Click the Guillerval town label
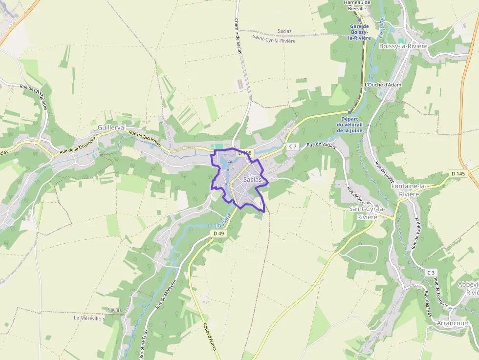[x=111, y=127]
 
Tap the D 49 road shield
[x=218, y=233]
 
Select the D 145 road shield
[x=458, y=173]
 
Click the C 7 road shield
[x=293, y=146]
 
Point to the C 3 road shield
[x=430, y=272]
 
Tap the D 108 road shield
[x=244, y=153]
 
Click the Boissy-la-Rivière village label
[x=403, y=46]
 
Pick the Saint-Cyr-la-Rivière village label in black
[x=367, y=212]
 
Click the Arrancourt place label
[x=453, y=323]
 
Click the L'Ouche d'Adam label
[x=383, y=85]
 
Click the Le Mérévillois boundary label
[x=89, y=318]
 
